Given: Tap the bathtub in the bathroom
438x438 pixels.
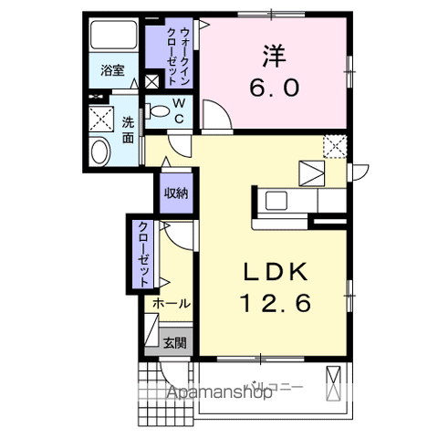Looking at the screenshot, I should [113, 38].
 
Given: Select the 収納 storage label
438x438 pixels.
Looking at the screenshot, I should [175, 193].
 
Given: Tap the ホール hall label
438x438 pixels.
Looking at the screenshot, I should [171, 303].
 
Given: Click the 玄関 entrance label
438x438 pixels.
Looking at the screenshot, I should [173, 343].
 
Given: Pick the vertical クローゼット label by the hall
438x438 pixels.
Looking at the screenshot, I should [145, 255].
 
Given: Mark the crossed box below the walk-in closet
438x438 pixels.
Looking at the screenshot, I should [152, 83].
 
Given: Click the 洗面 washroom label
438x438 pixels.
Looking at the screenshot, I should [129, 130].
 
